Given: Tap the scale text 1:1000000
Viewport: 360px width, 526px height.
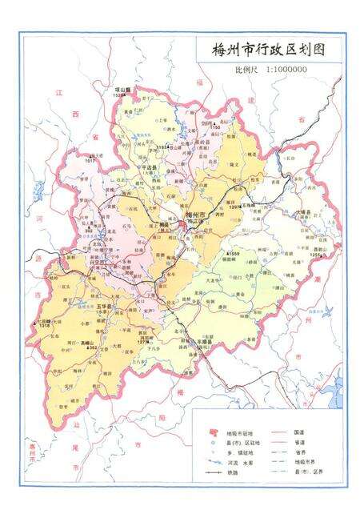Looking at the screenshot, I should [282, 70].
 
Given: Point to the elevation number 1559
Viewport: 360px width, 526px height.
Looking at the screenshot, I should [233, 254].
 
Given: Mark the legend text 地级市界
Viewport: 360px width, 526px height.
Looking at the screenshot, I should [304, 461].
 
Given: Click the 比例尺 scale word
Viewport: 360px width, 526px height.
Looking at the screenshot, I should [245, 70].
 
